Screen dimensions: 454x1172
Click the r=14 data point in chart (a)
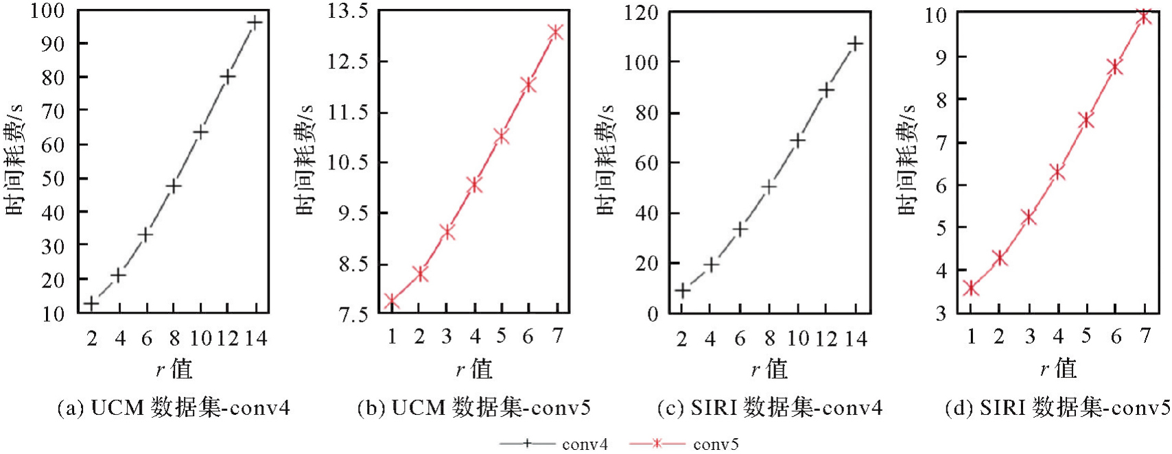tap(255, 23)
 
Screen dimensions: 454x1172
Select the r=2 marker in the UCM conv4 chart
tap(91, 303)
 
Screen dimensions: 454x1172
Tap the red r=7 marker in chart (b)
tap(556, 32)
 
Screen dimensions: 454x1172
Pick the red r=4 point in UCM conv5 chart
tap(474, 184)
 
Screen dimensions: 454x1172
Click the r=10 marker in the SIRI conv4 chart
tap(797, 141)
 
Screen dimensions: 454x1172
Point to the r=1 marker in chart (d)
tap(971, 289)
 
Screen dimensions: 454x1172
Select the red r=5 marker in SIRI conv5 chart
tap(1086, 121)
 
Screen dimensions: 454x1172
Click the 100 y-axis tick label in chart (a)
tap(47, 11)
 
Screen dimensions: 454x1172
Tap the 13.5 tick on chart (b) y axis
tap(347, 11)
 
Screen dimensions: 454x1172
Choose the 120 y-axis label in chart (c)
tap(642, 12)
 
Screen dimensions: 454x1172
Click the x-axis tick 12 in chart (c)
tap(826, 339)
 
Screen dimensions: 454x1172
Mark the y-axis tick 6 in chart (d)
tap(941, 185)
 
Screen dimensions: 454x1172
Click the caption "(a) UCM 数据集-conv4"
tap(174, 409)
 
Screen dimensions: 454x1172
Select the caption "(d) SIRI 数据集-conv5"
tap(1057, 409)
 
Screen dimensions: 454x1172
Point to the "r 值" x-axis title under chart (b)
tap(474, 369)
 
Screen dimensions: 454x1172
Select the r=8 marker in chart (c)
tap(769, 187)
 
